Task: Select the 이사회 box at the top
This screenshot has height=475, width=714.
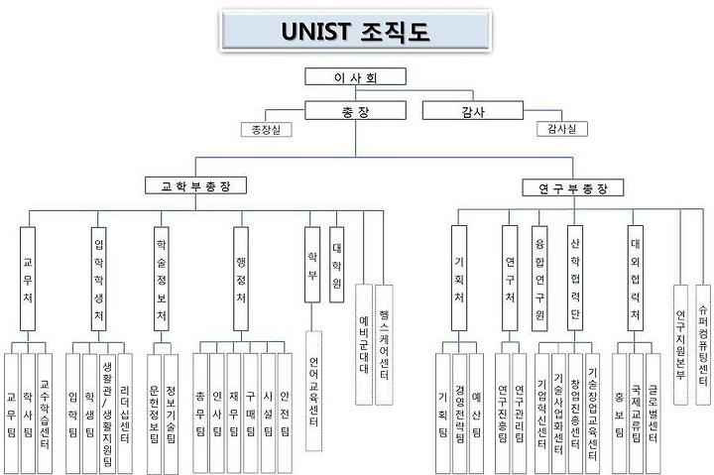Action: pos(355,77)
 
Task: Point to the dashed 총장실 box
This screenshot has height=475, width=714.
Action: pos(267,129)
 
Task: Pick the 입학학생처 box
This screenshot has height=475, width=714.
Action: pos(99,279)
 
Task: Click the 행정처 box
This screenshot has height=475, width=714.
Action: pos(241,279)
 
